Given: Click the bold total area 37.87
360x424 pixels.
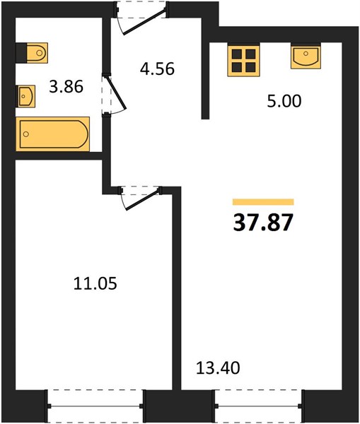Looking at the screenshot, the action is click(x=263, y=223).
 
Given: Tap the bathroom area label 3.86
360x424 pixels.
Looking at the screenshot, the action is click(x=66, y=87).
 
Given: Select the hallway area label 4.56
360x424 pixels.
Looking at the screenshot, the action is click(x=157, y=69).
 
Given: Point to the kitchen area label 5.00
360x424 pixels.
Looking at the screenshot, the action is click(x=284, y=101).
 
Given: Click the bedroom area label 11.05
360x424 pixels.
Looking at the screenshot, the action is click(x=95, y=283).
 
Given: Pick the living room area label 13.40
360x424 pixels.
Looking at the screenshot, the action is click(x=218, y=367).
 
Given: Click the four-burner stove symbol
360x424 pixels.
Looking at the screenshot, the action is click(x=243, y=61).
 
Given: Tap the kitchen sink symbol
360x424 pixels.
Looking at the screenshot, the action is click(x=306, y=57).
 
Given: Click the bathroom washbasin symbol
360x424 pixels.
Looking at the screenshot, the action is click(x=25, y=96).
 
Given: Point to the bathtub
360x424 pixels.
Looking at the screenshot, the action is click(x=53, y=134).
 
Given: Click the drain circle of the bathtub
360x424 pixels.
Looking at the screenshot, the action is click(x=26, y=134).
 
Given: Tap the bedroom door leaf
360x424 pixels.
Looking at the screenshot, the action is click(x=143, y=200).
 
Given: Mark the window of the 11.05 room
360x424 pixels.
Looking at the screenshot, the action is click(x=95, y=406).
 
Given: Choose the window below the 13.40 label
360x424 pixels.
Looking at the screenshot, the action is click(x=258, y=406).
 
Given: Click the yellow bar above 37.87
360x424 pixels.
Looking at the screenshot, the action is click(x=263, y=202).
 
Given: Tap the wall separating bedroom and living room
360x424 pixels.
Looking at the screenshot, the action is click(x=177, y=289).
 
